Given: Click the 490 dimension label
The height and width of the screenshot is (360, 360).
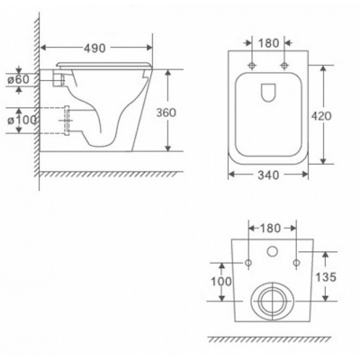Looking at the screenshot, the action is coord(94,48).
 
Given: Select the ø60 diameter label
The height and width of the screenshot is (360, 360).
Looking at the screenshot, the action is coord(19,79).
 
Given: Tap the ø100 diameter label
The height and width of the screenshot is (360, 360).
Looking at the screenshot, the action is coord(22,121).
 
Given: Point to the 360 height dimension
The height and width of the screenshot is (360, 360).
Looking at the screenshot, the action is coord(166,112).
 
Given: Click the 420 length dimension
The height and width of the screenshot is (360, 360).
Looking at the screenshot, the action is coord(321,115).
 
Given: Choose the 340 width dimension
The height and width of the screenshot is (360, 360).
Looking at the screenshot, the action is coord(268,175).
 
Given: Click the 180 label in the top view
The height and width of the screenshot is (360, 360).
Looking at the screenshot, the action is coord(268,43).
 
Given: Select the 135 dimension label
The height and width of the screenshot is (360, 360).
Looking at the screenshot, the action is coord(326,277).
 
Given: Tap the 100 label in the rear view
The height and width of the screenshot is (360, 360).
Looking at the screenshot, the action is coord(221,282).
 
